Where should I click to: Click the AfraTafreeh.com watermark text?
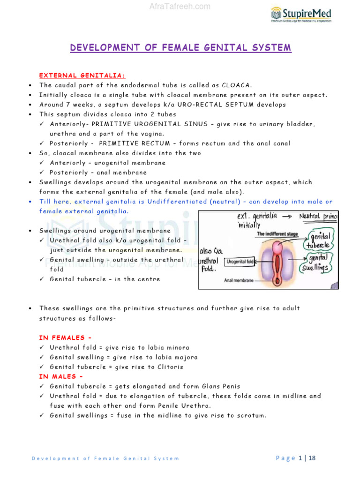click(180, 7)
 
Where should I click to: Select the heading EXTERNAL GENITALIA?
click(82, 75)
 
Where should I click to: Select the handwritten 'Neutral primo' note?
click(320, 217)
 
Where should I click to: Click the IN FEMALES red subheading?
click(65, 337)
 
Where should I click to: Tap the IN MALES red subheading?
click(61, 376)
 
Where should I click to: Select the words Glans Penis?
click(221, 386)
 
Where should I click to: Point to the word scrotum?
click(251, 415)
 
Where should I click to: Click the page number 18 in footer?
click(312, 458)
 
